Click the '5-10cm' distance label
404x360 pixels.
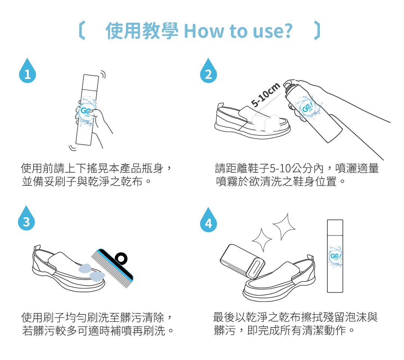pyautogui.click(x=266, y=95)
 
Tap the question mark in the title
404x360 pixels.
pyautogui.click(x=287, y=31)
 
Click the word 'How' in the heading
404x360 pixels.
pyautogui.click(x=204, y=31)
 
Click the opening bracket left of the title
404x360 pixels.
pyautogui.click(x=82, y=30)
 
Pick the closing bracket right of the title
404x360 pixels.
pyautogui.click(x=317, y=30)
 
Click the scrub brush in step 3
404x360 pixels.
pyautogui.click(x=112, y=268)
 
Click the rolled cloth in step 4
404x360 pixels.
pyautogui.click(x=242, y=261)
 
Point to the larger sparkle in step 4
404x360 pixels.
pyautogui.click(x=284, y=227)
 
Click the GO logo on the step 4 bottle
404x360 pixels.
pyautogui.click(x=335, y=256)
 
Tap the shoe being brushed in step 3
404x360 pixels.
pyautogui.click(x=69, y=270)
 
